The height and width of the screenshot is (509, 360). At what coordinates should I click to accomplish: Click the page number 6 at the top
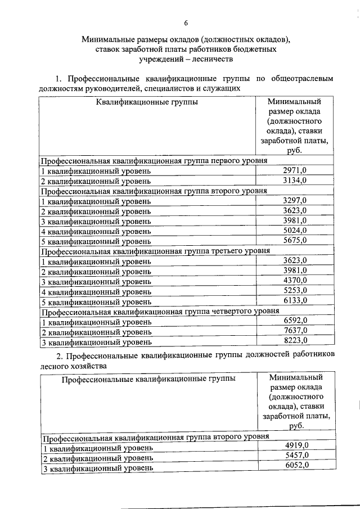click(x=186, y=22)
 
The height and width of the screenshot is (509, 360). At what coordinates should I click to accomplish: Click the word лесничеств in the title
click(x=212, y=58)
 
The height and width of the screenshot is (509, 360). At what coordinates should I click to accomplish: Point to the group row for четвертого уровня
click(x=160, y=310)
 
